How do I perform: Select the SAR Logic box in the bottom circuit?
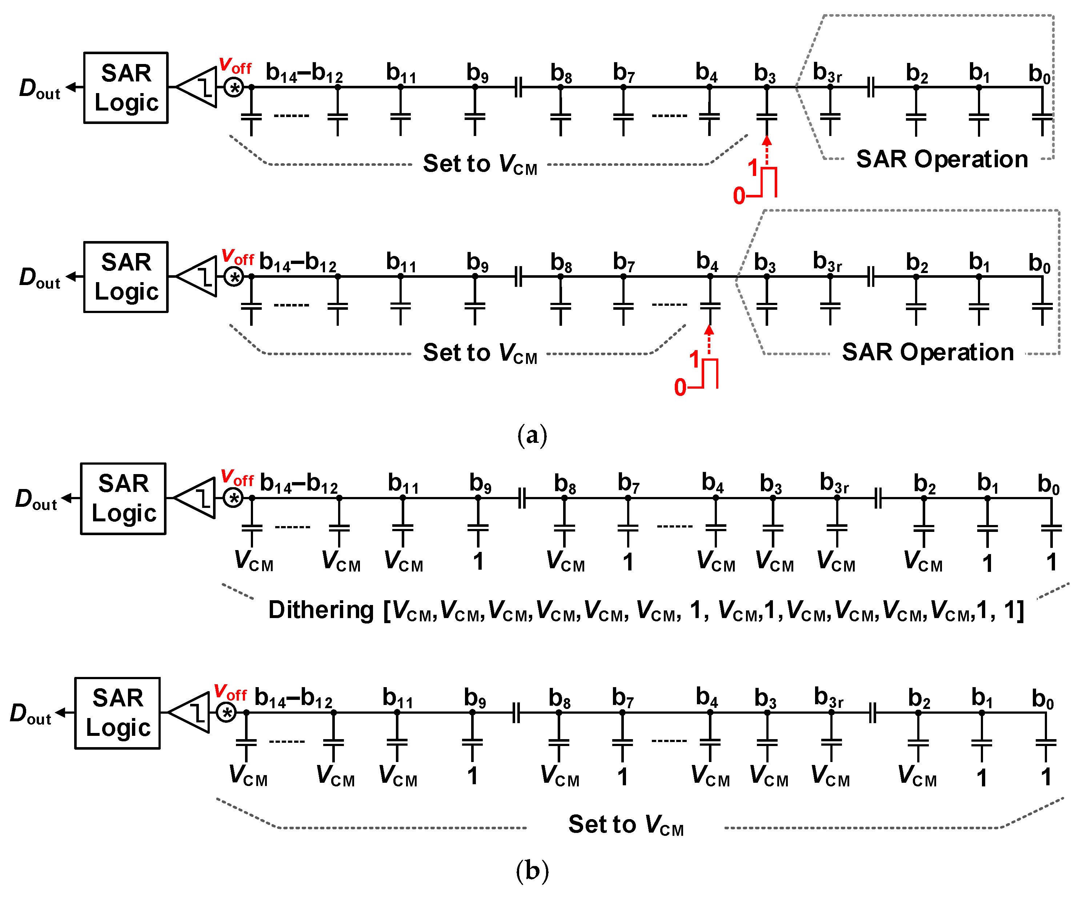(118, 713)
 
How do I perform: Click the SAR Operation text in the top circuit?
(942, 159)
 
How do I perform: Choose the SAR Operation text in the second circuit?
(928, 352)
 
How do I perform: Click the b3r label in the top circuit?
(827, 73)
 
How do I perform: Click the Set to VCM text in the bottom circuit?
(626, 825)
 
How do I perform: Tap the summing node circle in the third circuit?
(234, 498)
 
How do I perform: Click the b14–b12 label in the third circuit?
(298, 484)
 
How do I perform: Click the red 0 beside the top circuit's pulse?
(739, 196)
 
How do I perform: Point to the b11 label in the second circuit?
(401, 262)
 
